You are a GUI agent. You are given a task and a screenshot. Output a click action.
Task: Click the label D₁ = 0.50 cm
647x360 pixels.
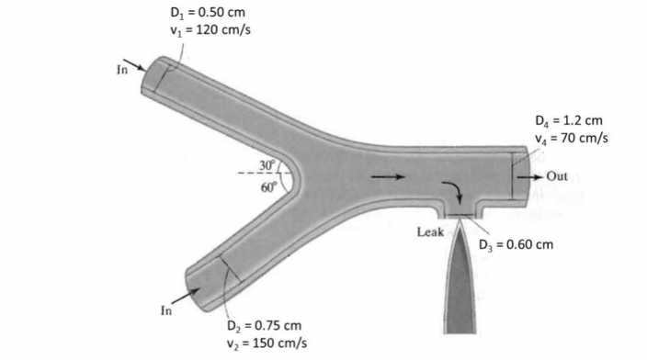click(x=208, y=12)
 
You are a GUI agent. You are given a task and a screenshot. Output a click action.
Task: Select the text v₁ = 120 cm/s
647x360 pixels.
click(x=210, y=30)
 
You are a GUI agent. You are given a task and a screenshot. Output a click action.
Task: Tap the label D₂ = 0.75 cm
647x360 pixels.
click(x=264, y=326)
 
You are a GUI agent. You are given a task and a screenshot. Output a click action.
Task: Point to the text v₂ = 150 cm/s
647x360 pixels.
click(x=267, y=343)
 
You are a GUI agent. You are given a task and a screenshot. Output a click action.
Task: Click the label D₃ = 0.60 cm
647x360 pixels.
click(x=516, y=245)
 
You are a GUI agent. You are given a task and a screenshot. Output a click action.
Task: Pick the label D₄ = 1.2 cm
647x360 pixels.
click(x=569, y=121)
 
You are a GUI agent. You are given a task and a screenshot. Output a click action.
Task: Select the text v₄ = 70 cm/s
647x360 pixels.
click(x=572, y=138)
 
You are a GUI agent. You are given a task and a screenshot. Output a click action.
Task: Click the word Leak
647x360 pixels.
click(x=430, y=232)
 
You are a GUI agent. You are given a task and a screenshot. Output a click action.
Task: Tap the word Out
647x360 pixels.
click(x=557, y=176)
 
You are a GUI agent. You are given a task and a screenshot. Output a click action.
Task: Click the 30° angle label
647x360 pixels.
click(x=267, y=165)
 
